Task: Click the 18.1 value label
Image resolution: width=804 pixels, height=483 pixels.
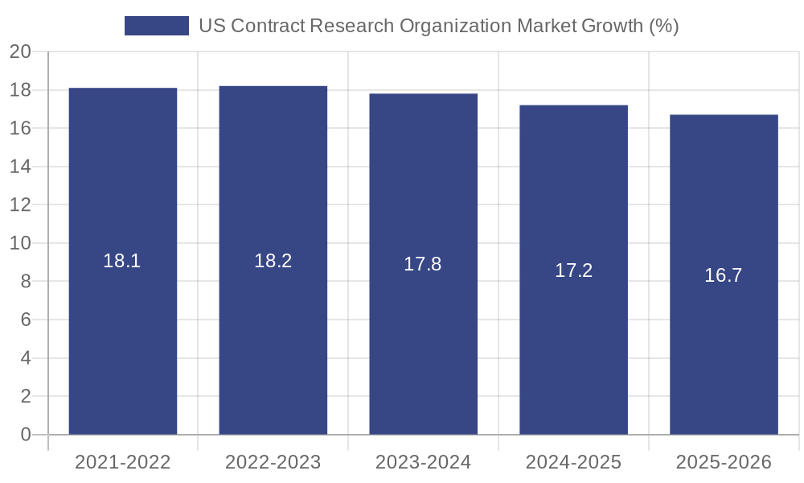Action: (x=122, y=261)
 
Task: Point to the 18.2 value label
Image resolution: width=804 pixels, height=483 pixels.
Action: (x=273, y=261)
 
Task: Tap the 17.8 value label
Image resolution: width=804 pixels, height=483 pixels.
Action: (x=423, y=264)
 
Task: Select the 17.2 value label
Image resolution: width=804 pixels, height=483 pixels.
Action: (x=573, y=270)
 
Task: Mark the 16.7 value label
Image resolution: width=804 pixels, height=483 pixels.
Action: (x=724, y=275)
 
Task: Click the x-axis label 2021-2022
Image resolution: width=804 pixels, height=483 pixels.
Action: (x=123, y=462)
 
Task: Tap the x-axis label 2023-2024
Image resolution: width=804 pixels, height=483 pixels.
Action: (x=424, y=462)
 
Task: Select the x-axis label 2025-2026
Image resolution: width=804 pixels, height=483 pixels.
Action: (x=724, y=462)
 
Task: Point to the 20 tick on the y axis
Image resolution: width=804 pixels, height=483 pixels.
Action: (x=20, y=52)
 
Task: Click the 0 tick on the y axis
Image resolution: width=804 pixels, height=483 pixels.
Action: (x=26, y=435)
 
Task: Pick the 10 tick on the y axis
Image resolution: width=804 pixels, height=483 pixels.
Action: (x=20, y=243)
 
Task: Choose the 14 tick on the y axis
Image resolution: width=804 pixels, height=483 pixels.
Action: (x=20, y=167)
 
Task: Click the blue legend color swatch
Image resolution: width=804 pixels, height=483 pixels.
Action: (x=156, y=26)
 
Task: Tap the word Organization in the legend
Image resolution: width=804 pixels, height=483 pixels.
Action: (x=457, y=26)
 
